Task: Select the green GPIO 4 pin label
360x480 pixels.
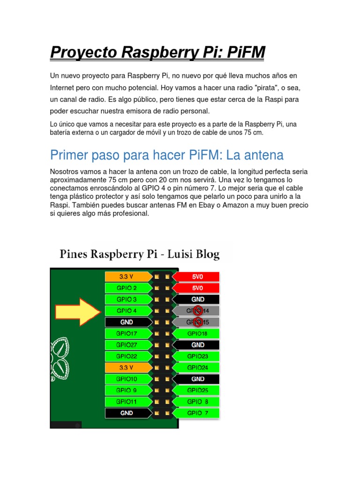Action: click(127, 311)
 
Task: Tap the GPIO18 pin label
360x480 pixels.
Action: click(197, 333)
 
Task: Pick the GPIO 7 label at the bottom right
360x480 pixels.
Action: click(197, 413)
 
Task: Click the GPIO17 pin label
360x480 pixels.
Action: click(127, 333)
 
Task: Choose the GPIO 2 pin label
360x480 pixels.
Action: click(127, 288)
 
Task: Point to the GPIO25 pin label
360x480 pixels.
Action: click(197, 390)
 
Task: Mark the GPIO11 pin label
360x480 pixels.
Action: click(127, 402)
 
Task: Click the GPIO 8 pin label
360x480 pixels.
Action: click(197, 402)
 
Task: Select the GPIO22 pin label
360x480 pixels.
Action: click(127, 356)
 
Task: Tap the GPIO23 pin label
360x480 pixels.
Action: click(197, 356)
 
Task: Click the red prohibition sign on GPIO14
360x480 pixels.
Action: click(198, 310)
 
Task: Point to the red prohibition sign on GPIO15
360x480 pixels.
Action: click(198, 322)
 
